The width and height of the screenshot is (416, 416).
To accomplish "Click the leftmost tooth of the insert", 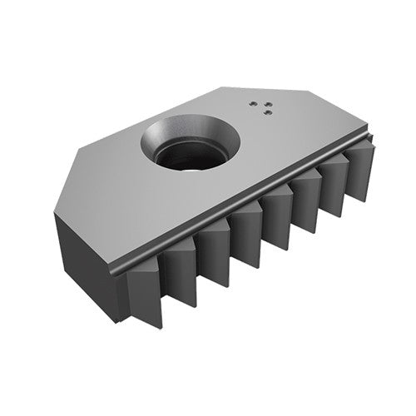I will (143, 287).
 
